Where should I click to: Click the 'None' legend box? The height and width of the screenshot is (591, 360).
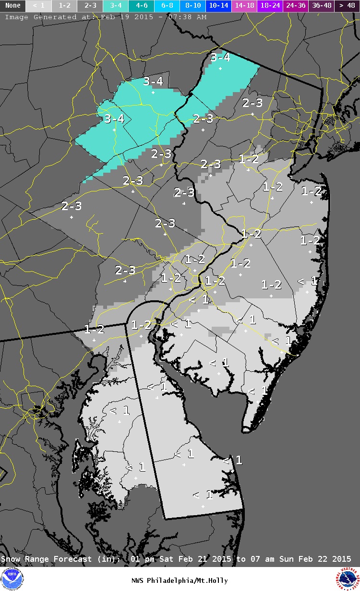point(12,6)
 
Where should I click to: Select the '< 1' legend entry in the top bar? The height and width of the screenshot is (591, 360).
point(38,6)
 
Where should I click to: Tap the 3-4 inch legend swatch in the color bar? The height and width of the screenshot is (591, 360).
point(116,6)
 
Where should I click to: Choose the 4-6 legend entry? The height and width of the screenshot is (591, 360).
point(142,6)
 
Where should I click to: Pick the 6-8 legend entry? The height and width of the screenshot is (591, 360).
point(168,6)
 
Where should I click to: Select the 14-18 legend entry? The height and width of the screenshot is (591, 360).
point(245,6)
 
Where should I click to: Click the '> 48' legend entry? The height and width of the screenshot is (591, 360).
point(347,6)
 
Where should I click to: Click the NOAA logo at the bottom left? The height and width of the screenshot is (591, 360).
point(12,579)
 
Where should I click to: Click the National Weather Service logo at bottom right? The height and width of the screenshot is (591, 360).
point(348,579)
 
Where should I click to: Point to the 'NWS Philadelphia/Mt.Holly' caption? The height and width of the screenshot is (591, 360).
point(180,581)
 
